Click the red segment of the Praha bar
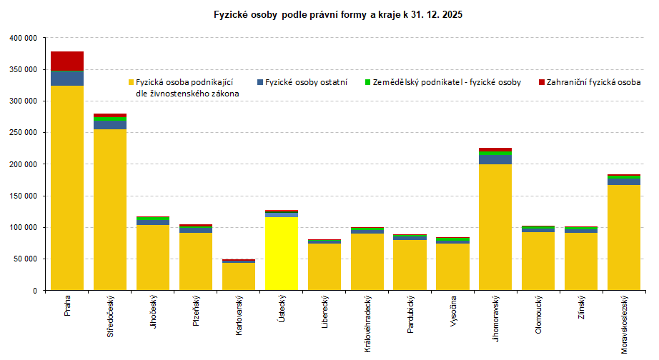[67, 61]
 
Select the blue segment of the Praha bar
[67, 78]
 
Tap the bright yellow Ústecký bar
[282, 254]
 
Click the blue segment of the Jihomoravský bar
[495, 159]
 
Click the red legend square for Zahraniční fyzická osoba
[542, 82]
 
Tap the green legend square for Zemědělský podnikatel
[367, 82]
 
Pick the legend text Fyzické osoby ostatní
[306, 82]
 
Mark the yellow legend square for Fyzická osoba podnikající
[131, 82]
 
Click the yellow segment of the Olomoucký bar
[538, 261]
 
